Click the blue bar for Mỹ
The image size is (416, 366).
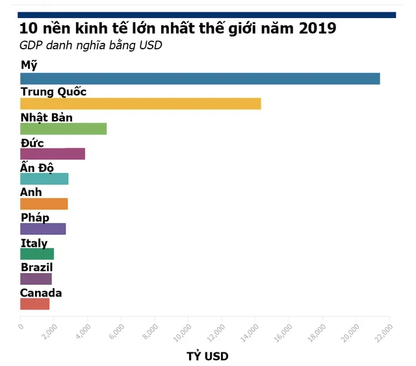200,79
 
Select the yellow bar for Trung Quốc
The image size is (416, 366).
140,104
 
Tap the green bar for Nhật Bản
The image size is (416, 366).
63,128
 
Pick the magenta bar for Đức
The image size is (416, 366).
53,154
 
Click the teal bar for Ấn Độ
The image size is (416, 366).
44,179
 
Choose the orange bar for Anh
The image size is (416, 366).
44,204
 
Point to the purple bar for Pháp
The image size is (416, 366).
43,229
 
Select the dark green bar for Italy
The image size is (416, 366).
37,254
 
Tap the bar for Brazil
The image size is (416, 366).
36,279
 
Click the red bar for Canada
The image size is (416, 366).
34,304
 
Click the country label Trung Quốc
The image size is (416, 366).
53,91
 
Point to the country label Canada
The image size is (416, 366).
41,293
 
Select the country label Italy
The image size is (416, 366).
34,243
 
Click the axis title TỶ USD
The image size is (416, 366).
207,356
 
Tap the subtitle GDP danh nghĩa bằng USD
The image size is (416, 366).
90,45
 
